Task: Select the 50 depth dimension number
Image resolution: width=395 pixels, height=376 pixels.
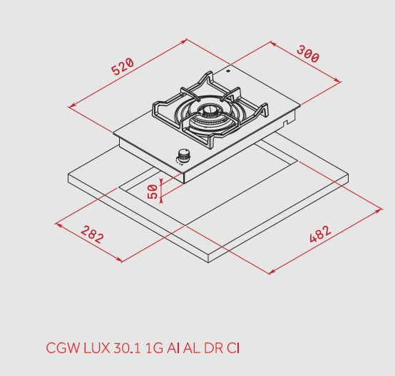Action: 152,190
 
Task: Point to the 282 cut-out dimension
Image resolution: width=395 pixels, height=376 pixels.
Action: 91,234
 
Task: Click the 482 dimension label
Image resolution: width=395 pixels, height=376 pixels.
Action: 321,234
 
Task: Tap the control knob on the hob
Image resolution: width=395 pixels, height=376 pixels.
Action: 184,155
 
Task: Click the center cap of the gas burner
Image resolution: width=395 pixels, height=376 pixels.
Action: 209,110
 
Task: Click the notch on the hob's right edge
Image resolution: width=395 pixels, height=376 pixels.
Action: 287,124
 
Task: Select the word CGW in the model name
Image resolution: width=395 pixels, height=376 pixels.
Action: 61,348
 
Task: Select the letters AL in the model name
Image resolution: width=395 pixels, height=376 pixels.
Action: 193,348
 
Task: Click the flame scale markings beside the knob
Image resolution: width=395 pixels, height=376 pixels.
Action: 175,162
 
